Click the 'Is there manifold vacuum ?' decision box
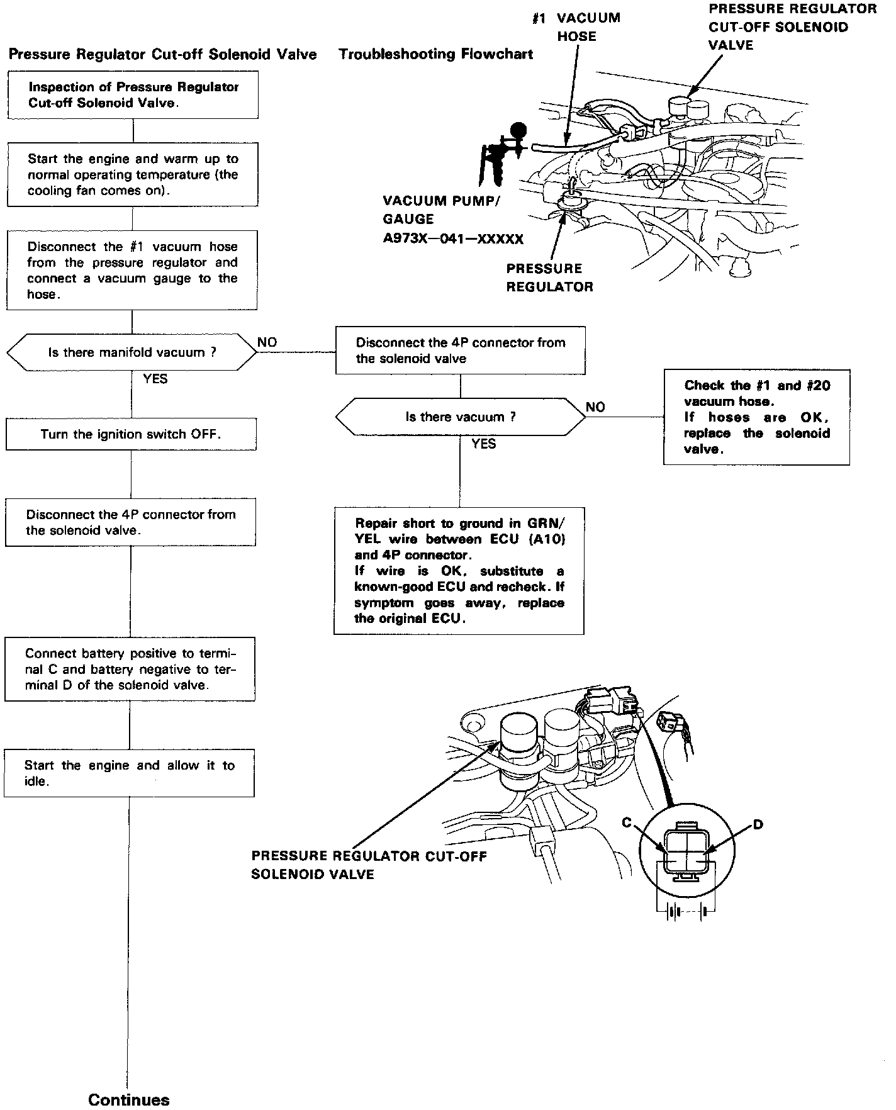point(132,352)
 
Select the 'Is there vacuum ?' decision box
point(460,417)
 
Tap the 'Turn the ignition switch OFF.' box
point(131,434)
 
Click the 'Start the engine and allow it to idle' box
point(129,773)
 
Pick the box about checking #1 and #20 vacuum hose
point(756,417)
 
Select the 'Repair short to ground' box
point(459,571)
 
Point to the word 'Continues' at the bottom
point(129,1099)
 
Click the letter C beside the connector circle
point(626,823)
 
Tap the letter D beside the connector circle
point(758,824)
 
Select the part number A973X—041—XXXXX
point(453,239)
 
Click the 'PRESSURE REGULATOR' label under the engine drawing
point(549,277)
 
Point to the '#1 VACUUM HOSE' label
point(576,27)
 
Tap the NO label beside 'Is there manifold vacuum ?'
point(267,342)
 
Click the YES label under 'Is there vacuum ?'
point(483,444)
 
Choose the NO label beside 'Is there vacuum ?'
point(595,407)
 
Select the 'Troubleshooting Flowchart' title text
point(435,54)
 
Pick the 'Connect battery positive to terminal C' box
point(130,670)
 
